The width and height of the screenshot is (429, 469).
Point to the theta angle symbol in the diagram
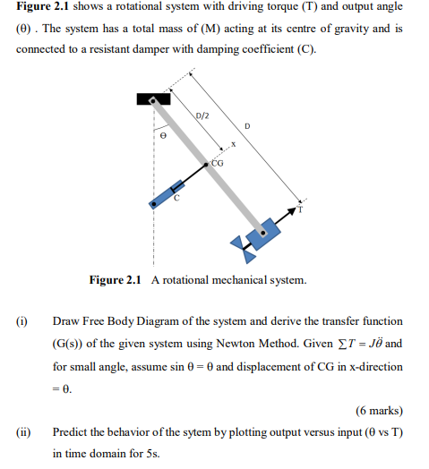pyautogui.click(x=163, y=137)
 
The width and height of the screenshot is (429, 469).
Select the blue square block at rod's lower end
pyautogui.click(x=263, y=234)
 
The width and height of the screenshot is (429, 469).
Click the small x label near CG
pyautogui.click(x=233, y=144)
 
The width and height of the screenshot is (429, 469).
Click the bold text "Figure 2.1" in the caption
pyautogui.click(x=116, y=280)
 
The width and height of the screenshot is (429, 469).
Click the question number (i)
pyautogui.click(x=22, y=320)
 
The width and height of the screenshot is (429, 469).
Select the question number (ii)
pyautogui.click(x=23, y=431)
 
